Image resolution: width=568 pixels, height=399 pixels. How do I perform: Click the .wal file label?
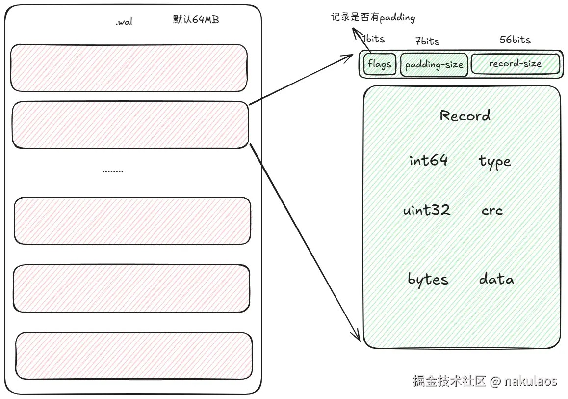click(x=124, y=22)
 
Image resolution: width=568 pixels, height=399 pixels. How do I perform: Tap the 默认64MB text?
click(x=196, y=20)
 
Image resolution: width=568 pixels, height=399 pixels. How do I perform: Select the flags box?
click(x=380, y=64)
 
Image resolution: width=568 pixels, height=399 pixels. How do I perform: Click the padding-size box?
click(x=434, y=65)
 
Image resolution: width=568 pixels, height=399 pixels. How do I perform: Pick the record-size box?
click(x=515, y=64)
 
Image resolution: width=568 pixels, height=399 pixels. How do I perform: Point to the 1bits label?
click(x=373, y=39)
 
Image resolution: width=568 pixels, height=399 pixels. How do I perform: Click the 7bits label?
click(x=427, y=41)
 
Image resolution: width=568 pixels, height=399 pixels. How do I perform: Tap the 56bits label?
click(x=515, y=40)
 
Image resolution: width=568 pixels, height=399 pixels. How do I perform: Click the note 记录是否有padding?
click(x=373, y=18)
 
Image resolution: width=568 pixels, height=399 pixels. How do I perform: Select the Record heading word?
click(x=465, y=116)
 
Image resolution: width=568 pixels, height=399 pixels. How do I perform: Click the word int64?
click(x=429, y=160)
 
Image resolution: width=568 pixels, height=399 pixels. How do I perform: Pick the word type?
click(x=494, y=161)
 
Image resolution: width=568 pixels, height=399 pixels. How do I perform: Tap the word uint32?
click(x=426, y=210)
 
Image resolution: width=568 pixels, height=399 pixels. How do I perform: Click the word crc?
click(x=492, y=211)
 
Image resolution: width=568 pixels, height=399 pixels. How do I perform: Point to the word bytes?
click(x=428, y=279)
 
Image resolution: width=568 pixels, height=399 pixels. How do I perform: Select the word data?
click(x=496, y=279)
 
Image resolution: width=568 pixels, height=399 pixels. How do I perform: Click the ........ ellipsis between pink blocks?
click(x=113, y=171)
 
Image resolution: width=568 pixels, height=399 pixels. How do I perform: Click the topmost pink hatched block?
click(x=129, y=68)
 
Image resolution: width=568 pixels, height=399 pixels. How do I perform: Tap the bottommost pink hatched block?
click(x=134, y=356)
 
